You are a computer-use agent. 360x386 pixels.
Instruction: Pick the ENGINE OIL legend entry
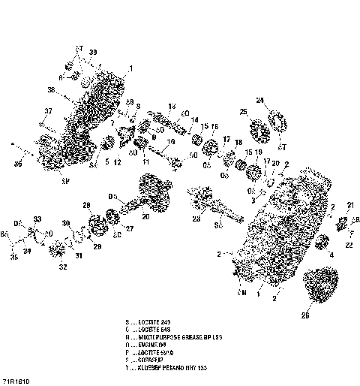click(x=155, y=345)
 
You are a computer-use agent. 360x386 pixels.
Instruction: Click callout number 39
click(x=93, y=51)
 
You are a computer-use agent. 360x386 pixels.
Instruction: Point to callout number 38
click(x=52, y=90)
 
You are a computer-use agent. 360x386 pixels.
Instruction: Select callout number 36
click(x=18, y=162)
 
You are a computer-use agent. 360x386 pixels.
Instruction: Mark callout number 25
click(x=244, y=112)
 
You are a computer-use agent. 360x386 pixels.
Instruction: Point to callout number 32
click(x=63, y=266)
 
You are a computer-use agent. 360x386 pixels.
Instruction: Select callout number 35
click(x=12, y=257)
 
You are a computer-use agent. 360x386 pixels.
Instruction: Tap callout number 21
click(x=350, y=205)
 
